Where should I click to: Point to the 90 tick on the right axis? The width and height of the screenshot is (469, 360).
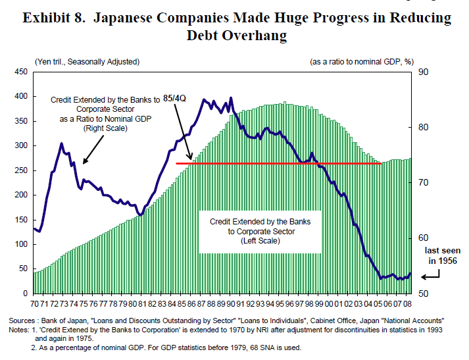(x=424, y=72)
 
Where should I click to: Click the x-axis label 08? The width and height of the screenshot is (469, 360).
(x=408, y=303)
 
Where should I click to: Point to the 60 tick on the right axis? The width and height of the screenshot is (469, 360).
(x=424, y=238)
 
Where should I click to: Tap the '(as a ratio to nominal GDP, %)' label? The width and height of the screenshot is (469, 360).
(x=361, y=62)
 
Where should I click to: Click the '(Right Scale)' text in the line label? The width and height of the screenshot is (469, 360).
(x=105, y=128)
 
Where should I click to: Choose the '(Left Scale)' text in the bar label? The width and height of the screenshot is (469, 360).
(x=260, y=241)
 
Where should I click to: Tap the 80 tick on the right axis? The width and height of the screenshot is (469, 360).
(x=424, y=127)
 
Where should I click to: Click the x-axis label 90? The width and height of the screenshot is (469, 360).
(x=230, y=303)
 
